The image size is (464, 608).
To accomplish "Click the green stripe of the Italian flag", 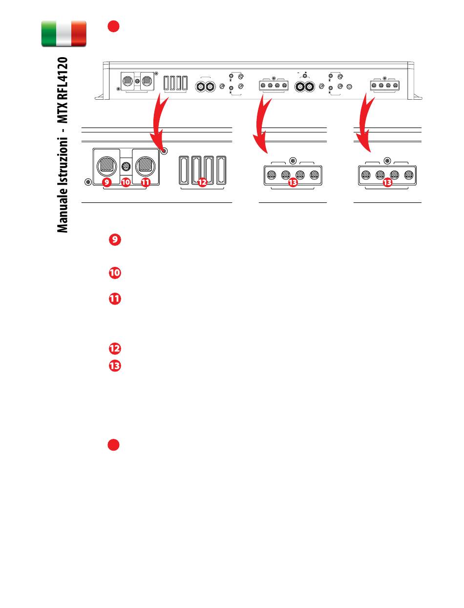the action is coord(49,34).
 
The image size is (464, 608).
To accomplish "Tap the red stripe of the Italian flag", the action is coord(79,34).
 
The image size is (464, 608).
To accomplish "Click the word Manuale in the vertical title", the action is coord(63,211).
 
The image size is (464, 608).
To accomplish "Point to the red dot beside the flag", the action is coord(113,26).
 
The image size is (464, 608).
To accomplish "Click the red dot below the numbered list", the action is coord(113,445).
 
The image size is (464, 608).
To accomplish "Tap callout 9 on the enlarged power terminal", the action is coord(106,182).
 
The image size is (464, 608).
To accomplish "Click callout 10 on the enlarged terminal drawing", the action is coord(126,182).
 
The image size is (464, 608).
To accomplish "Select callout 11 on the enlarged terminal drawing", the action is coord(146,182).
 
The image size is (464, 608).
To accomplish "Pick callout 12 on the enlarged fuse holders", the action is coord(202,182).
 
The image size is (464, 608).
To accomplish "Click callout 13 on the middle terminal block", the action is coord(293,182).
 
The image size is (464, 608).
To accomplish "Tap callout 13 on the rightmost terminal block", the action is coord(387,182).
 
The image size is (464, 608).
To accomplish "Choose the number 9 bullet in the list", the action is coord(115,239).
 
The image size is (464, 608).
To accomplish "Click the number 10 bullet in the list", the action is coord(115,273).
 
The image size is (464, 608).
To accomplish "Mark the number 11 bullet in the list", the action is coord(115,299).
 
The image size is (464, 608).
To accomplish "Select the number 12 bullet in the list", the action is coord(115,348).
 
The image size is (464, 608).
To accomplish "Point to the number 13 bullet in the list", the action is coord(115,366).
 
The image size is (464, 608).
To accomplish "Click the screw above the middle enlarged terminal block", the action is coord(293,161).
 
